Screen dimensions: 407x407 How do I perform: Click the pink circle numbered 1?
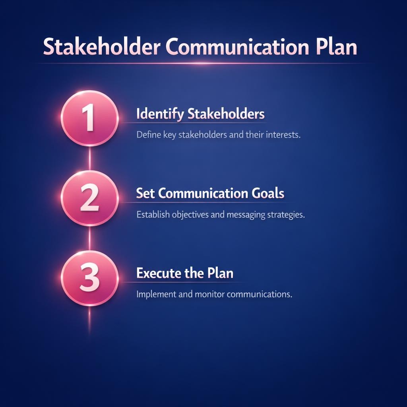(89, 118)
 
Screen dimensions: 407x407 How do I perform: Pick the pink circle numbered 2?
(89, 198)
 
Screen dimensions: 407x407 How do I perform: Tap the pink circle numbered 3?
(89, 278)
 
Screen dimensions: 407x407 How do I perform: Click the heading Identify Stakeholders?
(200, 114)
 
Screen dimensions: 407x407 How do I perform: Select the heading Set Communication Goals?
(210, 194)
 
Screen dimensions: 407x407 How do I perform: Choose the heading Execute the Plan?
(185, 273)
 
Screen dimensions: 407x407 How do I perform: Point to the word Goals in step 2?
(268, 194)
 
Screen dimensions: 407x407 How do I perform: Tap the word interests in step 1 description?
(282, 135)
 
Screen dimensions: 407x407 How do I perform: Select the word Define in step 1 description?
(148, 135)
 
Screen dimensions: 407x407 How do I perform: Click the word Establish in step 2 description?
(153, 215)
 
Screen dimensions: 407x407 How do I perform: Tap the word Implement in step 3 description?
(157, 295)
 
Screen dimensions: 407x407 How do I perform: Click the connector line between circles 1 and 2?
(89, 158)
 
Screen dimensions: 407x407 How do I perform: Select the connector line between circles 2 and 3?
(89, 238)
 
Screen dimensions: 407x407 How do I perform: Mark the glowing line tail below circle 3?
(89, 320)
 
